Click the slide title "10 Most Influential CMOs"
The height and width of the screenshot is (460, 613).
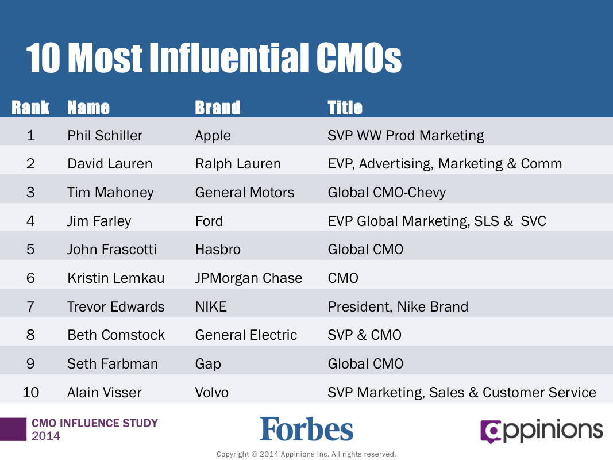point(214,58)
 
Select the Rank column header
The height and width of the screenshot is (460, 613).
point(30,108)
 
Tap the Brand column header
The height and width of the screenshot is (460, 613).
point(218,108)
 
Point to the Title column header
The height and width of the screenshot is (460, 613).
point(345,108)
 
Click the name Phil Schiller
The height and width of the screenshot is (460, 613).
point(105,135)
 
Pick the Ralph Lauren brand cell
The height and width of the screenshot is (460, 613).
point(238,164)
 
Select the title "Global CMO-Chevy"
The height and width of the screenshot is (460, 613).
point(387,193)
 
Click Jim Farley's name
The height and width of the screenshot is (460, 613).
point(99,221)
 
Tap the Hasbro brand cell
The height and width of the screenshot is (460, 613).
point(218,250)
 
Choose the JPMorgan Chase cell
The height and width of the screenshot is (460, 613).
point(249,278)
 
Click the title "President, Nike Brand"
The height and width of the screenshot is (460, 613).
point(398,307)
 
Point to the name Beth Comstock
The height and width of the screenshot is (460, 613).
point(116,335)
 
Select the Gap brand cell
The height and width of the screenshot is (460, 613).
point(208,364)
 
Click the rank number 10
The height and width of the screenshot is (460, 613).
point(30,392)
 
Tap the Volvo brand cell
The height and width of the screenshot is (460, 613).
point(212,392)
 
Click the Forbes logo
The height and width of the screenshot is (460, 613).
point(307,429)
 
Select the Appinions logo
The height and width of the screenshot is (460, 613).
point(541,431)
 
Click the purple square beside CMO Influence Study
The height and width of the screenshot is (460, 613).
point(13,430)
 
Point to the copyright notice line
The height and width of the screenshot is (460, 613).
point(307,454)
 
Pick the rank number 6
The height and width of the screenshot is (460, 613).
point(30,278)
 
